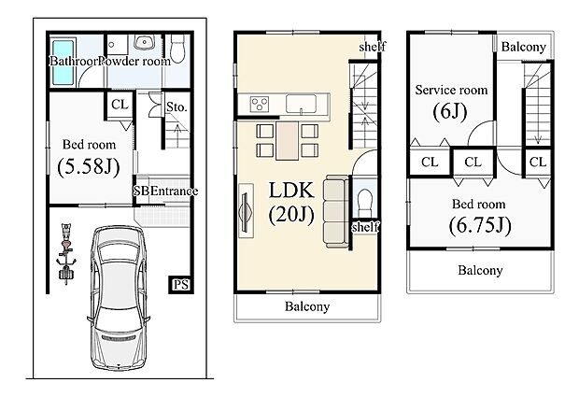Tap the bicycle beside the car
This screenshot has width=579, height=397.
pyautogui.click(x=66, y=250)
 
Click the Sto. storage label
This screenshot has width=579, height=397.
pyautogui.click(x=177, y=107)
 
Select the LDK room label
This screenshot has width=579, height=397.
pyautogui.click(x=292, y=191)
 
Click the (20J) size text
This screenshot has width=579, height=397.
pyautogui.click(x=292, y=215)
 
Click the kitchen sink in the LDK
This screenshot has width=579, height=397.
pyautogui.click(x=299, y=102)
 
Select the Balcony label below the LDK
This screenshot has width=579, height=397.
pyautogui.click(x=307, y=306)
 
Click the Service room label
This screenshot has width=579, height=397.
pyautogui.click(x=451, y=91)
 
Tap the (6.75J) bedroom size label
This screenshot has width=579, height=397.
pyautogui.click(x=480, y=224)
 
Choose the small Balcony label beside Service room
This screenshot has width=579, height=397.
pyautogui.click(x=523, y=47)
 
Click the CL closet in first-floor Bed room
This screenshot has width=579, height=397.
pyautogui.click(x=120, y=106)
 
